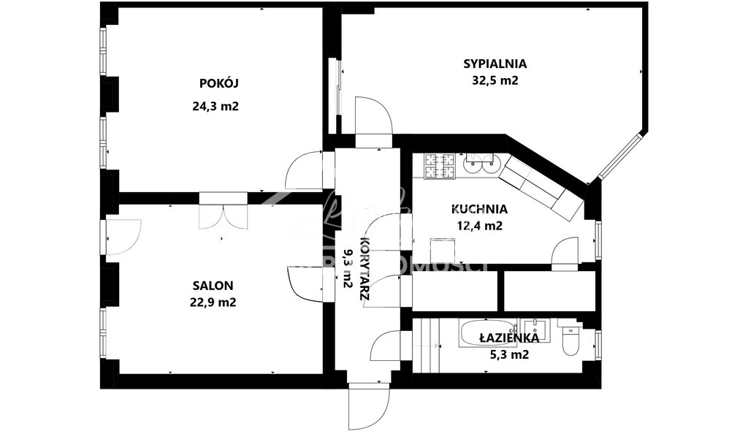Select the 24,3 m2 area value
point(215,106)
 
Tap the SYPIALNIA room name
point(495,64)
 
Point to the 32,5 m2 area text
point(495,81)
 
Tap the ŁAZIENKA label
point(509,338)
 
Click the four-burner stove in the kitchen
point(440,166)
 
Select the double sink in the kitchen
point(480,162)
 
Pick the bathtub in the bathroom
point(487,335)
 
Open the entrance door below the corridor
point(370,406)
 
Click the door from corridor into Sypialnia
point(373,117)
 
